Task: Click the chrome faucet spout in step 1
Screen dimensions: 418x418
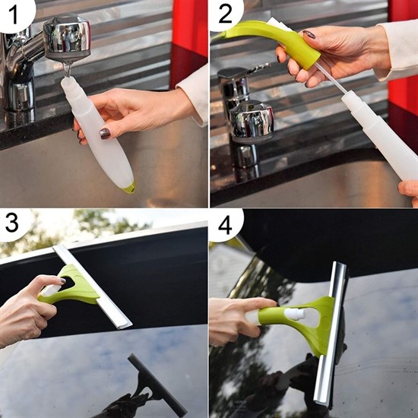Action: (x=68, y=38)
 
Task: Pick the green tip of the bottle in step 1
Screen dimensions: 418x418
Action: (x=130, y=187)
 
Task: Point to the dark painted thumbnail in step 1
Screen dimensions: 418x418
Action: (x=104, y=133)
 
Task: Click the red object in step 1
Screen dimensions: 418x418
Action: (x=189, y=30)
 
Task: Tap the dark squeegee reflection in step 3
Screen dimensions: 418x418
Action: (x=152, y=388)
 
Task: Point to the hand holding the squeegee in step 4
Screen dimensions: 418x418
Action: (x=232, y=319)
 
